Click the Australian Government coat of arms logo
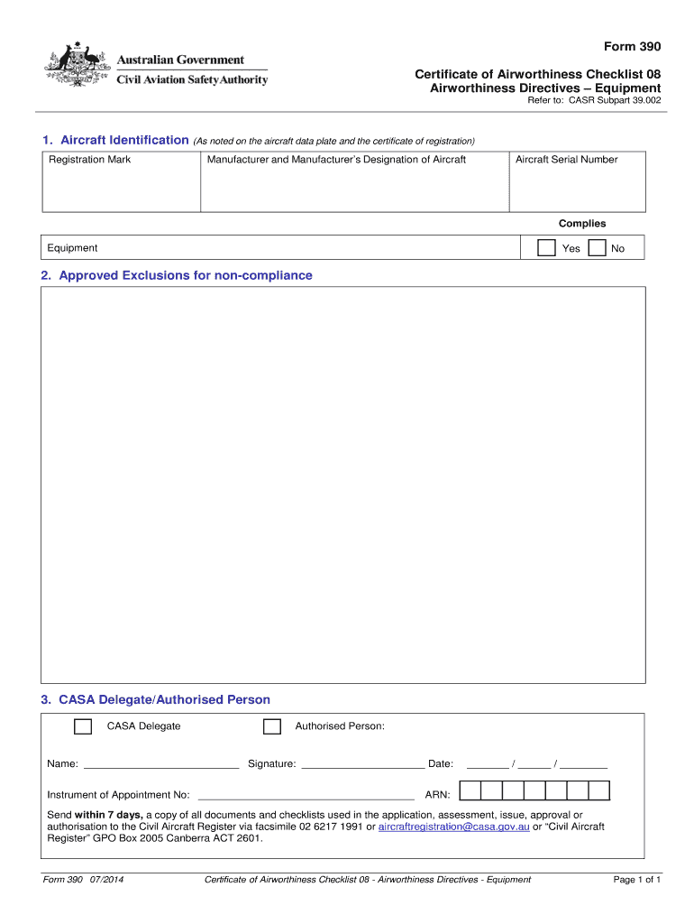[x=78, y=66]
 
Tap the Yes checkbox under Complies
[x=546, y=248]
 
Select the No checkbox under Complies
[x=597, y=248]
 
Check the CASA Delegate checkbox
[x=83, y=726]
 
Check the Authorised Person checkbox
[x=271, y=726]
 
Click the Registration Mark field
[x=122, y=188]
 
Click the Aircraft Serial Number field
[x=577, y=188]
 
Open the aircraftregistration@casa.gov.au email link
[x=453, y=827]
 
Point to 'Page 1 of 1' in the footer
[x=637, y=880]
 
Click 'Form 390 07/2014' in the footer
[x=83, y=880]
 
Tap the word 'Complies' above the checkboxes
[x=582, y=224]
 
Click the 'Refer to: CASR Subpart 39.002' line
[x=594, y=100]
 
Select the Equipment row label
[x=73, y=248]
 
